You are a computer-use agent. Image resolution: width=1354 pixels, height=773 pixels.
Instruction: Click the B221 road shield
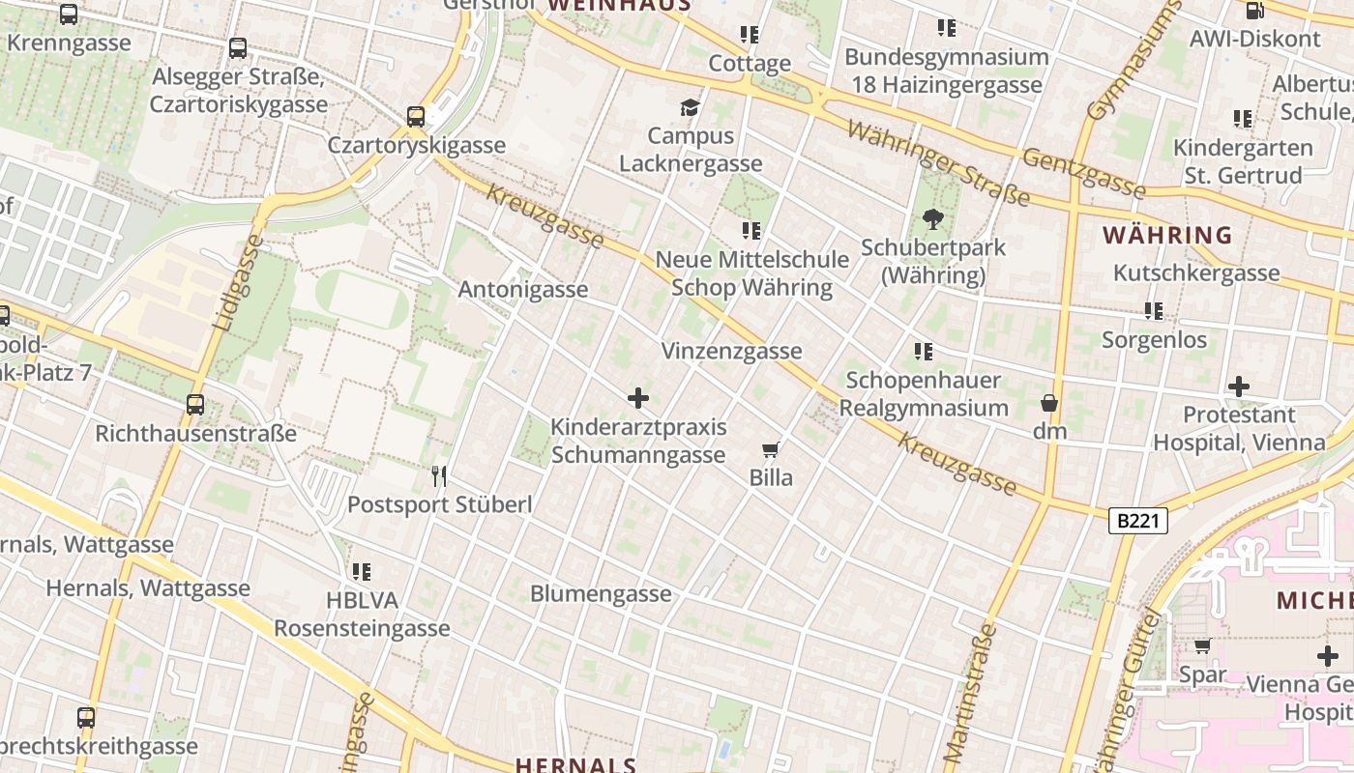[x=1137, y=522]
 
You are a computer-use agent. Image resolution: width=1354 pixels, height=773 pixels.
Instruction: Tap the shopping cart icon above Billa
[x=771, y=449]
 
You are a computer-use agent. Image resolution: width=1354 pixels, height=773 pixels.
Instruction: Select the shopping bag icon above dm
[x=1049, y=403]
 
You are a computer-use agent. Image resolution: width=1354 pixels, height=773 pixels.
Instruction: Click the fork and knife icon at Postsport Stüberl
[x=439, y=475]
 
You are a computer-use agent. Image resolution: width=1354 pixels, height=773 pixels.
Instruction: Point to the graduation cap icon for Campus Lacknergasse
[x=690, y=106]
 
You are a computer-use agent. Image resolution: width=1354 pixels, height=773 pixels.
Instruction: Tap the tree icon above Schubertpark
[x=932, y=219]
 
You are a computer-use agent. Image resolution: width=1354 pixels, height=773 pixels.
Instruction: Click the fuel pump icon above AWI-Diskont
[x=1254, y=11]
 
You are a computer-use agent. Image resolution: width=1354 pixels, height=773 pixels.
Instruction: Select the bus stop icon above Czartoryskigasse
[x=416, y=117]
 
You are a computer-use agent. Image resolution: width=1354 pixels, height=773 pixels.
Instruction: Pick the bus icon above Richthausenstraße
[x=195, y=405]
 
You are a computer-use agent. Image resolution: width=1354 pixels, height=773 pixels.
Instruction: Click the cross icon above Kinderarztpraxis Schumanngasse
[x=637, y=397]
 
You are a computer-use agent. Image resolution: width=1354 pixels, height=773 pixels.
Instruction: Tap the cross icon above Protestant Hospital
[x=1238, y=386]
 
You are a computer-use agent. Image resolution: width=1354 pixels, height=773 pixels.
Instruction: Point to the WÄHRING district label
[x=1168, y=235]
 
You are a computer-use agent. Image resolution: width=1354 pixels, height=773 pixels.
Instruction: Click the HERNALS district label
[x=575, y=765]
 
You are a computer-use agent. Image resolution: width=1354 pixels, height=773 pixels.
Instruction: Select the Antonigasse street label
[x=522, y=289]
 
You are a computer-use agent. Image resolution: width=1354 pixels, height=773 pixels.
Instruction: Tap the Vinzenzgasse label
[x=731, y=351]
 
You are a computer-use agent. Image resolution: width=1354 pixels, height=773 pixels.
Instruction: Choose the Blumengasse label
[x=601, y=593]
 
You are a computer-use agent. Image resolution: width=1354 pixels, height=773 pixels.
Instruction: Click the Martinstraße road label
[x=970, y=691]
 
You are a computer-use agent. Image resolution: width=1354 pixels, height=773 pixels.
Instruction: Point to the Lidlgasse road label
[x=235, y=283]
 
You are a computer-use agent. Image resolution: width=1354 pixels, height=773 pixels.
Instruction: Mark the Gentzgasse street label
[x=1083, y=173]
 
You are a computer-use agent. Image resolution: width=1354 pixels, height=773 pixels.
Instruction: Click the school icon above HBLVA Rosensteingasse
[x=362, y=571]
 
